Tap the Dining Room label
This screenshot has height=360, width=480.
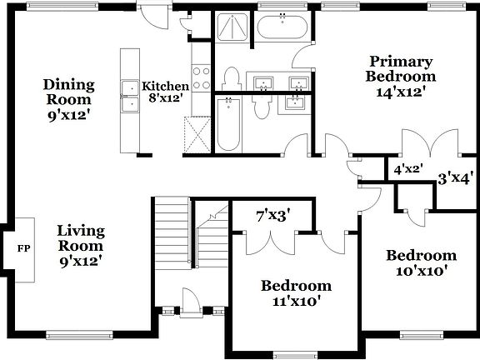click(69, 99)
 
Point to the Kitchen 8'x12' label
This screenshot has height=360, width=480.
click(165, 92)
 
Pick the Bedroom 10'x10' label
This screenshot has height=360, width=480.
click(421, 262)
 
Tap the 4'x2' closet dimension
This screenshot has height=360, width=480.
click(408, 169)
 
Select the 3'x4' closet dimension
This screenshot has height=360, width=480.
click(456, 177)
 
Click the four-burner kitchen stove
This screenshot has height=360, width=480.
click(201, 77)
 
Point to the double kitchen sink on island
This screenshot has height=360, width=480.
click(130, 97)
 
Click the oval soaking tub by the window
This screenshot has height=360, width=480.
click(282, 27)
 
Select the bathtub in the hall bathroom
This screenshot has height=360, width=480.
click(227, 123)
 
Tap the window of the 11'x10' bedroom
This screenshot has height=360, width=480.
click(296, 355)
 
